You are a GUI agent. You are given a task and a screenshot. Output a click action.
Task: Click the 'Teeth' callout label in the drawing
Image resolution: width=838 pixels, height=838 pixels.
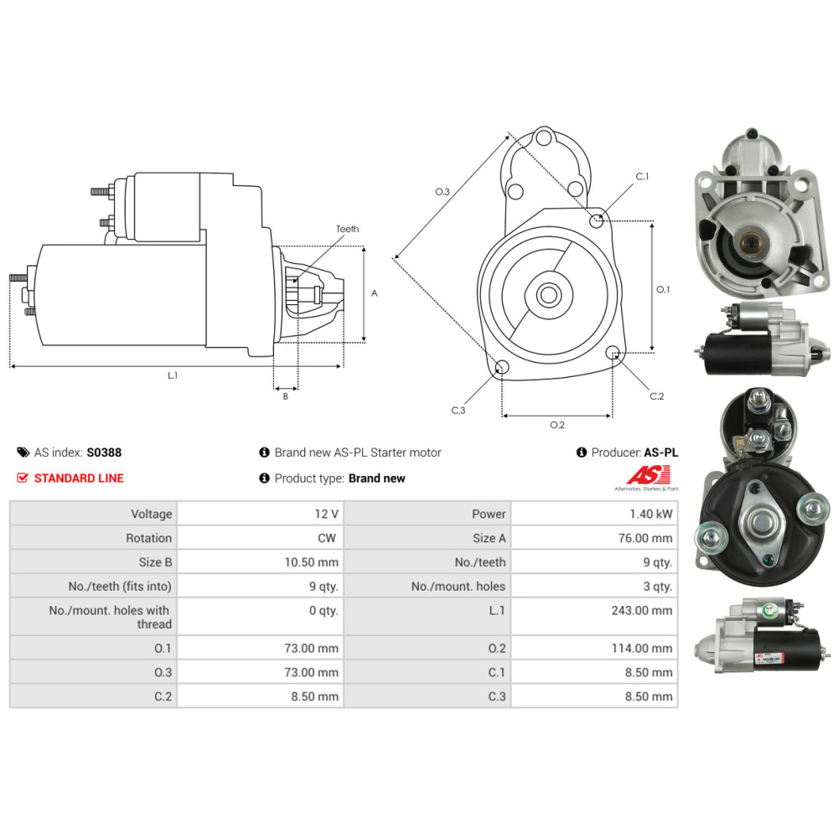click(347, 229)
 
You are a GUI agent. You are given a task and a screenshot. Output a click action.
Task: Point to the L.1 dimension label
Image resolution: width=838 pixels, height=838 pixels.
click(173, 376)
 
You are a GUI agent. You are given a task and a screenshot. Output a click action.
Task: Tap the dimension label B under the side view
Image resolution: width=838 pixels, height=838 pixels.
click(285, 396)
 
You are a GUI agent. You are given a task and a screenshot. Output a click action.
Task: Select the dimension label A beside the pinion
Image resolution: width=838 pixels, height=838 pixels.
click(375, 293)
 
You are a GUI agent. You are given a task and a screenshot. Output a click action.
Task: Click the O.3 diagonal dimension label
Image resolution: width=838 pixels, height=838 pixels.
click(442, 192)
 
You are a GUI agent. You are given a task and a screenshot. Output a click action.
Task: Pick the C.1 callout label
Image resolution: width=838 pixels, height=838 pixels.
click(642, 177)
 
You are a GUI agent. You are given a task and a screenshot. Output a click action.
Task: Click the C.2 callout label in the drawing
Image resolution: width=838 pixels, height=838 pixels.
click(656, 396)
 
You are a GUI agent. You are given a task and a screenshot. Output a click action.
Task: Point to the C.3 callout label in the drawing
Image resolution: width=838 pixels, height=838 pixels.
click(458, 411)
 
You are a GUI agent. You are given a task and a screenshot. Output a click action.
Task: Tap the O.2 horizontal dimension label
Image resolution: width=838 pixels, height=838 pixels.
click(556, 425)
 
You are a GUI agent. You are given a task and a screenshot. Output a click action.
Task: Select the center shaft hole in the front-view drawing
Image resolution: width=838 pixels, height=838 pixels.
click(549, 295)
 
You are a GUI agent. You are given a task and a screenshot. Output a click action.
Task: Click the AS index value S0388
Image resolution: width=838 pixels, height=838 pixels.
click(104, 453)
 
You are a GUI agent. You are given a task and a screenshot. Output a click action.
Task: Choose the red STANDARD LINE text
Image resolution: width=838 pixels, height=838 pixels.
click(79, 478)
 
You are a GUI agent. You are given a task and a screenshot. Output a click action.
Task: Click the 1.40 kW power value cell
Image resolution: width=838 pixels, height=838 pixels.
click(654, 514)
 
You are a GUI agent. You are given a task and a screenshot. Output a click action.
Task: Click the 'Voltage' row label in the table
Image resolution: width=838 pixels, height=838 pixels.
click(151, 514)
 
